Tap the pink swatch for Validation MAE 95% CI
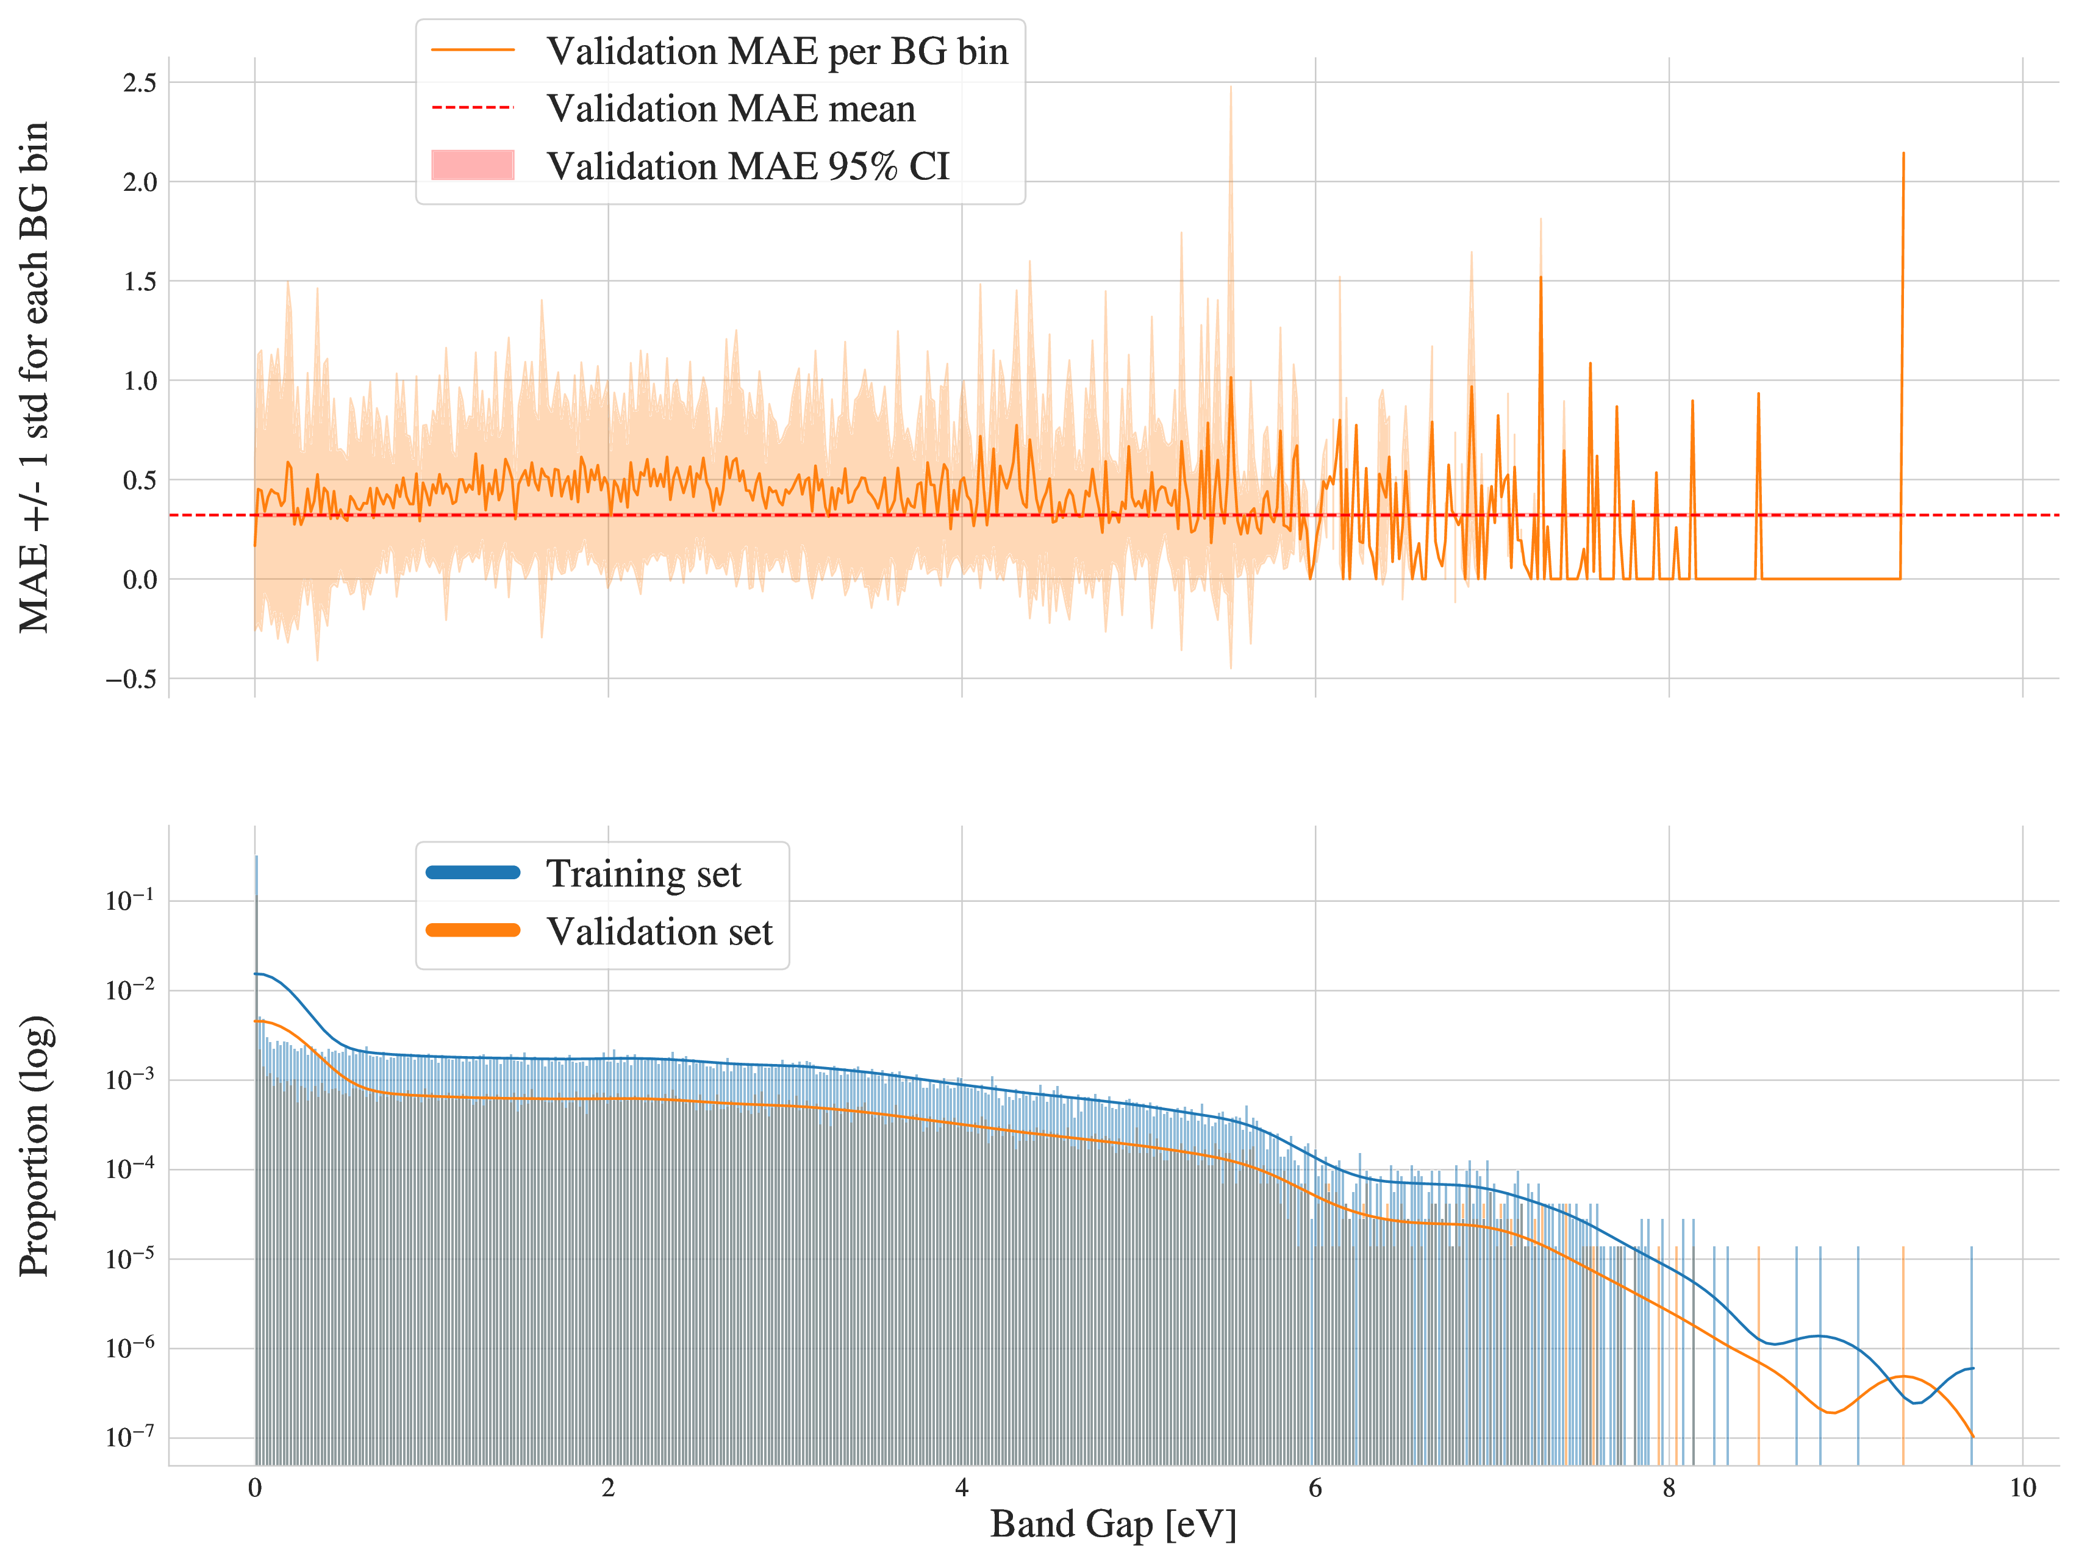click(x=473, y=165)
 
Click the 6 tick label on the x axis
click(x=1315, y=1488)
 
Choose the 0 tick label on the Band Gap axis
click(x=255, y=1488)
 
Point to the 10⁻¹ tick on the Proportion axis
click(x=131, y=901)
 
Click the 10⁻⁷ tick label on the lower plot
click(x=131, y=1438)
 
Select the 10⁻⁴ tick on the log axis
click(x=131, y=1169)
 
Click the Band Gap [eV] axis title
click(x=1113, y=1524)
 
